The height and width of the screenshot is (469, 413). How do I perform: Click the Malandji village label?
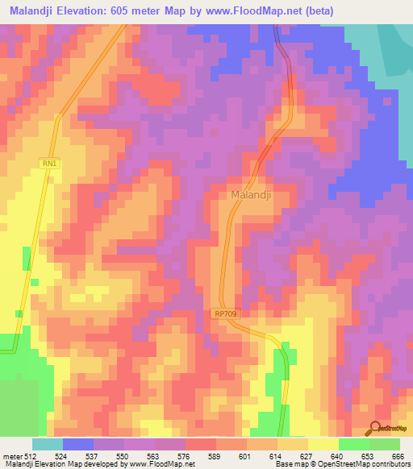251,195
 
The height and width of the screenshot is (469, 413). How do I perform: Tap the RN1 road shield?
50,164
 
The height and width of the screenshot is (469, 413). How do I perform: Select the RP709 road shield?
228,313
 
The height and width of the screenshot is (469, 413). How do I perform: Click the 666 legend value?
396,455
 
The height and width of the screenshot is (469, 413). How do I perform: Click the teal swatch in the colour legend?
48,444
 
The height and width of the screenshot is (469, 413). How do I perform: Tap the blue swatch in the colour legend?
78,444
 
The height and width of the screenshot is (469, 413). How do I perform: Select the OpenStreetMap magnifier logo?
375,429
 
